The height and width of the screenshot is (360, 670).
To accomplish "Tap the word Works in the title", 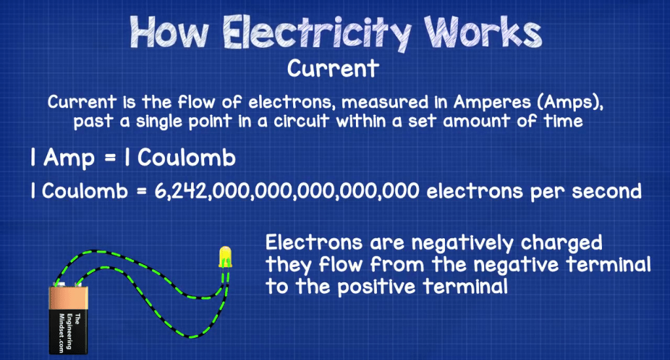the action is point(484,32).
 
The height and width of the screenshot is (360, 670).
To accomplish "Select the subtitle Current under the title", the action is point(333,69).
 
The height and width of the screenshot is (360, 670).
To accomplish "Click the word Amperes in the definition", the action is point(491,103).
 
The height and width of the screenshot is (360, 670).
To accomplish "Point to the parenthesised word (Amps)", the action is point(569,103).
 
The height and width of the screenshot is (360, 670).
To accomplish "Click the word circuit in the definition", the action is point(301,121).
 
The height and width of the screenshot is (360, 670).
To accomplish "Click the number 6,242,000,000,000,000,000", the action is point(287,191).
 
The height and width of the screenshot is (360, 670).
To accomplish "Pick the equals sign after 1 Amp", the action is point(110,158).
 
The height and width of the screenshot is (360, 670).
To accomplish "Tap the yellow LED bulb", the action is point(225,257).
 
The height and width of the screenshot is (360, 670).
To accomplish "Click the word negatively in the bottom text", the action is point(463,243).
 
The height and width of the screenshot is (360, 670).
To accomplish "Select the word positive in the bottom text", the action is point(376,287).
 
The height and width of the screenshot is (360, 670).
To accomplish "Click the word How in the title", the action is point(169,33).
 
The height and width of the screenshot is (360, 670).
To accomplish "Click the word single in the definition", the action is point(160,122).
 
